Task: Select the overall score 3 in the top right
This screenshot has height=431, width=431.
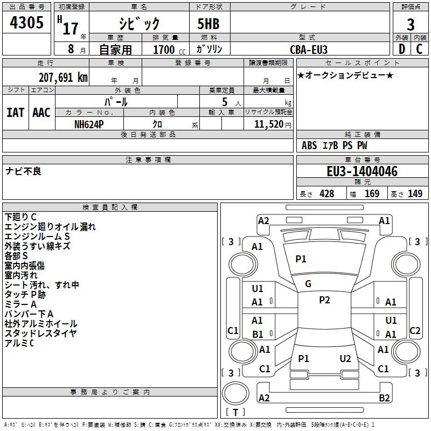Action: point(411,25)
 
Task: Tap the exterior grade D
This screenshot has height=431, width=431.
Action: point(401,48)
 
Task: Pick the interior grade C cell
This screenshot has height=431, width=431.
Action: point(419,48)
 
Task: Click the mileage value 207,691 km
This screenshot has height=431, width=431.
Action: point(63,77)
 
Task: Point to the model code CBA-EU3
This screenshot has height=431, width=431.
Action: point(309,49)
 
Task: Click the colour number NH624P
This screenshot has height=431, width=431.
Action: point(89,123)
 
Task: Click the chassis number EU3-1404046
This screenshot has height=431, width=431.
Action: point(362,172)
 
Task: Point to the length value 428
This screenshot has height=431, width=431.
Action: point(326,194)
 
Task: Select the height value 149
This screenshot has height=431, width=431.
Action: point(415,194)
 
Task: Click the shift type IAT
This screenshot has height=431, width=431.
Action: point(15,113)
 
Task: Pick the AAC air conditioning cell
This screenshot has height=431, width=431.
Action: point(41,113)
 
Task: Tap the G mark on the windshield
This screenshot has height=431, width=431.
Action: point(308,284)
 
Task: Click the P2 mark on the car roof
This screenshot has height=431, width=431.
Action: point(324,300)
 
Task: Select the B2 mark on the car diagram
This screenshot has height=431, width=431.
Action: point(384,398)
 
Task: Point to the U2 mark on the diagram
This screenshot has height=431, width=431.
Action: point(345,358)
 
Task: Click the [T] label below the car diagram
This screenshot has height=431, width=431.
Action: point(235,412)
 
